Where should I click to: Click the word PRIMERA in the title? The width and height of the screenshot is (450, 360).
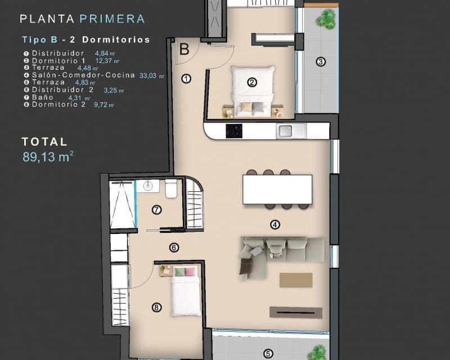(x=112, y=19)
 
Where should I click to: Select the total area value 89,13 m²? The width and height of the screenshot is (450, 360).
(x=48, y=157)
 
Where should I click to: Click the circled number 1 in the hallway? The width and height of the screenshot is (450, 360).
(x=187, y=79)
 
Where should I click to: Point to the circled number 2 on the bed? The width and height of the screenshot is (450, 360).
(x=252, y=82)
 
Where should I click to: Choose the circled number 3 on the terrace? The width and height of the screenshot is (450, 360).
(x=320, y=62)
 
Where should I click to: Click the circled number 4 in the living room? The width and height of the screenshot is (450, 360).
(x=275, y=225)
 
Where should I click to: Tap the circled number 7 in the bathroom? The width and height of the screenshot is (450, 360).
(x=157, y=210)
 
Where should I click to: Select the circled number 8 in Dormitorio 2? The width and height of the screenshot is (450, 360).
(x=156, y=307)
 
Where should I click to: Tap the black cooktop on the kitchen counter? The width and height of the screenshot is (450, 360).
(x=233, y=130)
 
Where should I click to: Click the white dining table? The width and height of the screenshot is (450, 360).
(x=277, y=189)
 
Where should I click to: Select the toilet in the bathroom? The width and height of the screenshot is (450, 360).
(x=172, y=188)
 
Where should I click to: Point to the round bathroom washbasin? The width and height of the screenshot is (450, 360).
(x=149, y=186)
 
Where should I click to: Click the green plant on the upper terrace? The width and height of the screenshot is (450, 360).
(x=325, y=20)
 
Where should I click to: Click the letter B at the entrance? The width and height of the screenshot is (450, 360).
(x=184, y=49)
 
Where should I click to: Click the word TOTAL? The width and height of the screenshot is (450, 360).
(x=44, y=142)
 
